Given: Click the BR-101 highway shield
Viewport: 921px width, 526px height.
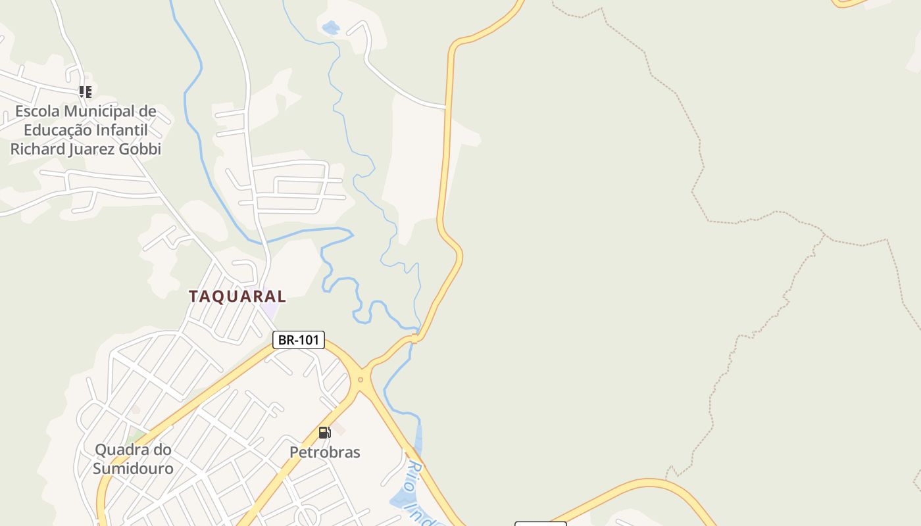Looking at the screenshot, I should pyautogui.click(x=299, y=340).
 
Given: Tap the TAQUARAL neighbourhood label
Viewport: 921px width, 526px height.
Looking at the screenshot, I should pyautogui.click(x=237, y=297).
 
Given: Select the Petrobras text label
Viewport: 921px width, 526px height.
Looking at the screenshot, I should pyautogui.click(x=325, y=452).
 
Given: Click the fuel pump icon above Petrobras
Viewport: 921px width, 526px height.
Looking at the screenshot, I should pyautogui.click(x=324, y=433).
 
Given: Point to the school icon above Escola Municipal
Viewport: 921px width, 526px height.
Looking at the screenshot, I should pyautogui.click(x=86, y=91).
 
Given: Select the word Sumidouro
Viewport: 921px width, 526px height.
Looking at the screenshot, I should pyautogui.click(x=133, y=469).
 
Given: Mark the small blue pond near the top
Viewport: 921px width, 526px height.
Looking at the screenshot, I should pyautogui.click(x=330, y=28).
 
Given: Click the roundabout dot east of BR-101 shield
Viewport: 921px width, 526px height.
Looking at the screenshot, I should pyautogui.click(x=360, y=379).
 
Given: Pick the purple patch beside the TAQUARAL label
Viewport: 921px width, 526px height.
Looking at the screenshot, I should pyautogui.click(x=269, y=309).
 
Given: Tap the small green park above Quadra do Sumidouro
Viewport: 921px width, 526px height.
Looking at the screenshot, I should pyautogui.click(x=136, y=437).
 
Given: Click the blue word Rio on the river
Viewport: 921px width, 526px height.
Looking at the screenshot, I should pyautogui.click(x=414, y=475).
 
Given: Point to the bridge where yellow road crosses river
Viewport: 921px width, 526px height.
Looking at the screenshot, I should pyautogui.click(x=414, y=338).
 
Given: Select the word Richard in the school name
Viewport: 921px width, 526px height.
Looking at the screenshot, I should pyautogui.click(x=37, y=149).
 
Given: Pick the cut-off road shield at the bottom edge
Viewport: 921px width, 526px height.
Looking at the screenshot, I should pyautogui.click(x=540, y=523).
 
